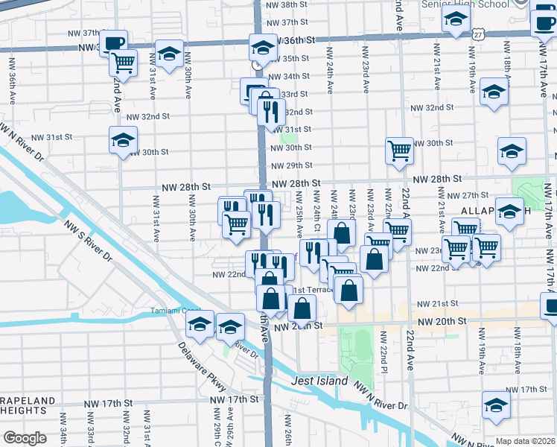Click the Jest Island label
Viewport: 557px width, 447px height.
[x=319, y=381]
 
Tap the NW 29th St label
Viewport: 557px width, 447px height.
[x=290, y=165]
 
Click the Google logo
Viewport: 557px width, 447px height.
[x=25, y=438]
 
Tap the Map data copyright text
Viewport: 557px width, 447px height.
[x=526, y=441]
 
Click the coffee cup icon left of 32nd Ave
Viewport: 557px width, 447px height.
[x=113, y=42]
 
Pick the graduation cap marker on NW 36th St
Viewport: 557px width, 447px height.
[x=262, y=48]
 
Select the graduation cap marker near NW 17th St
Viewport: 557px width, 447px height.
[x=496, y=405]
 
